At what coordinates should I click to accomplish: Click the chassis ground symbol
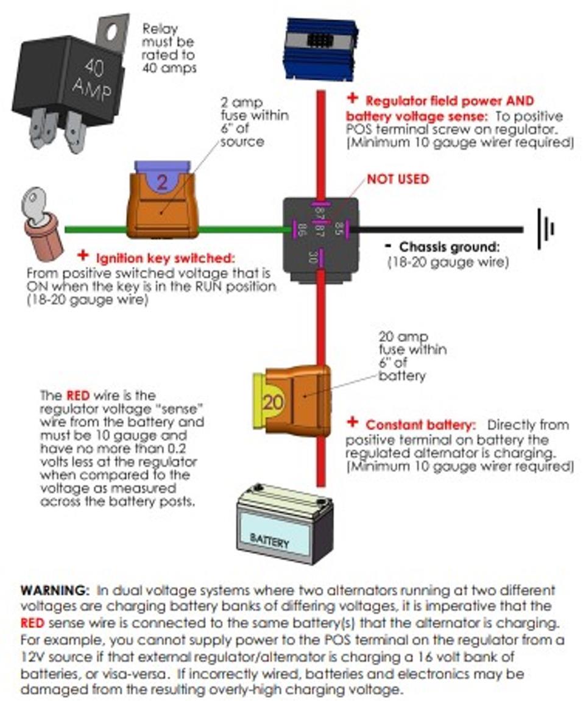point(545,229)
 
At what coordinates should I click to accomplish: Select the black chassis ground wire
point(439,230)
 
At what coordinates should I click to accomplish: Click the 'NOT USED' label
point(398,179)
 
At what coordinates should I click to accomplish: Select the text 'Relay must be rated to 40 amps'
point(169,48)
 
